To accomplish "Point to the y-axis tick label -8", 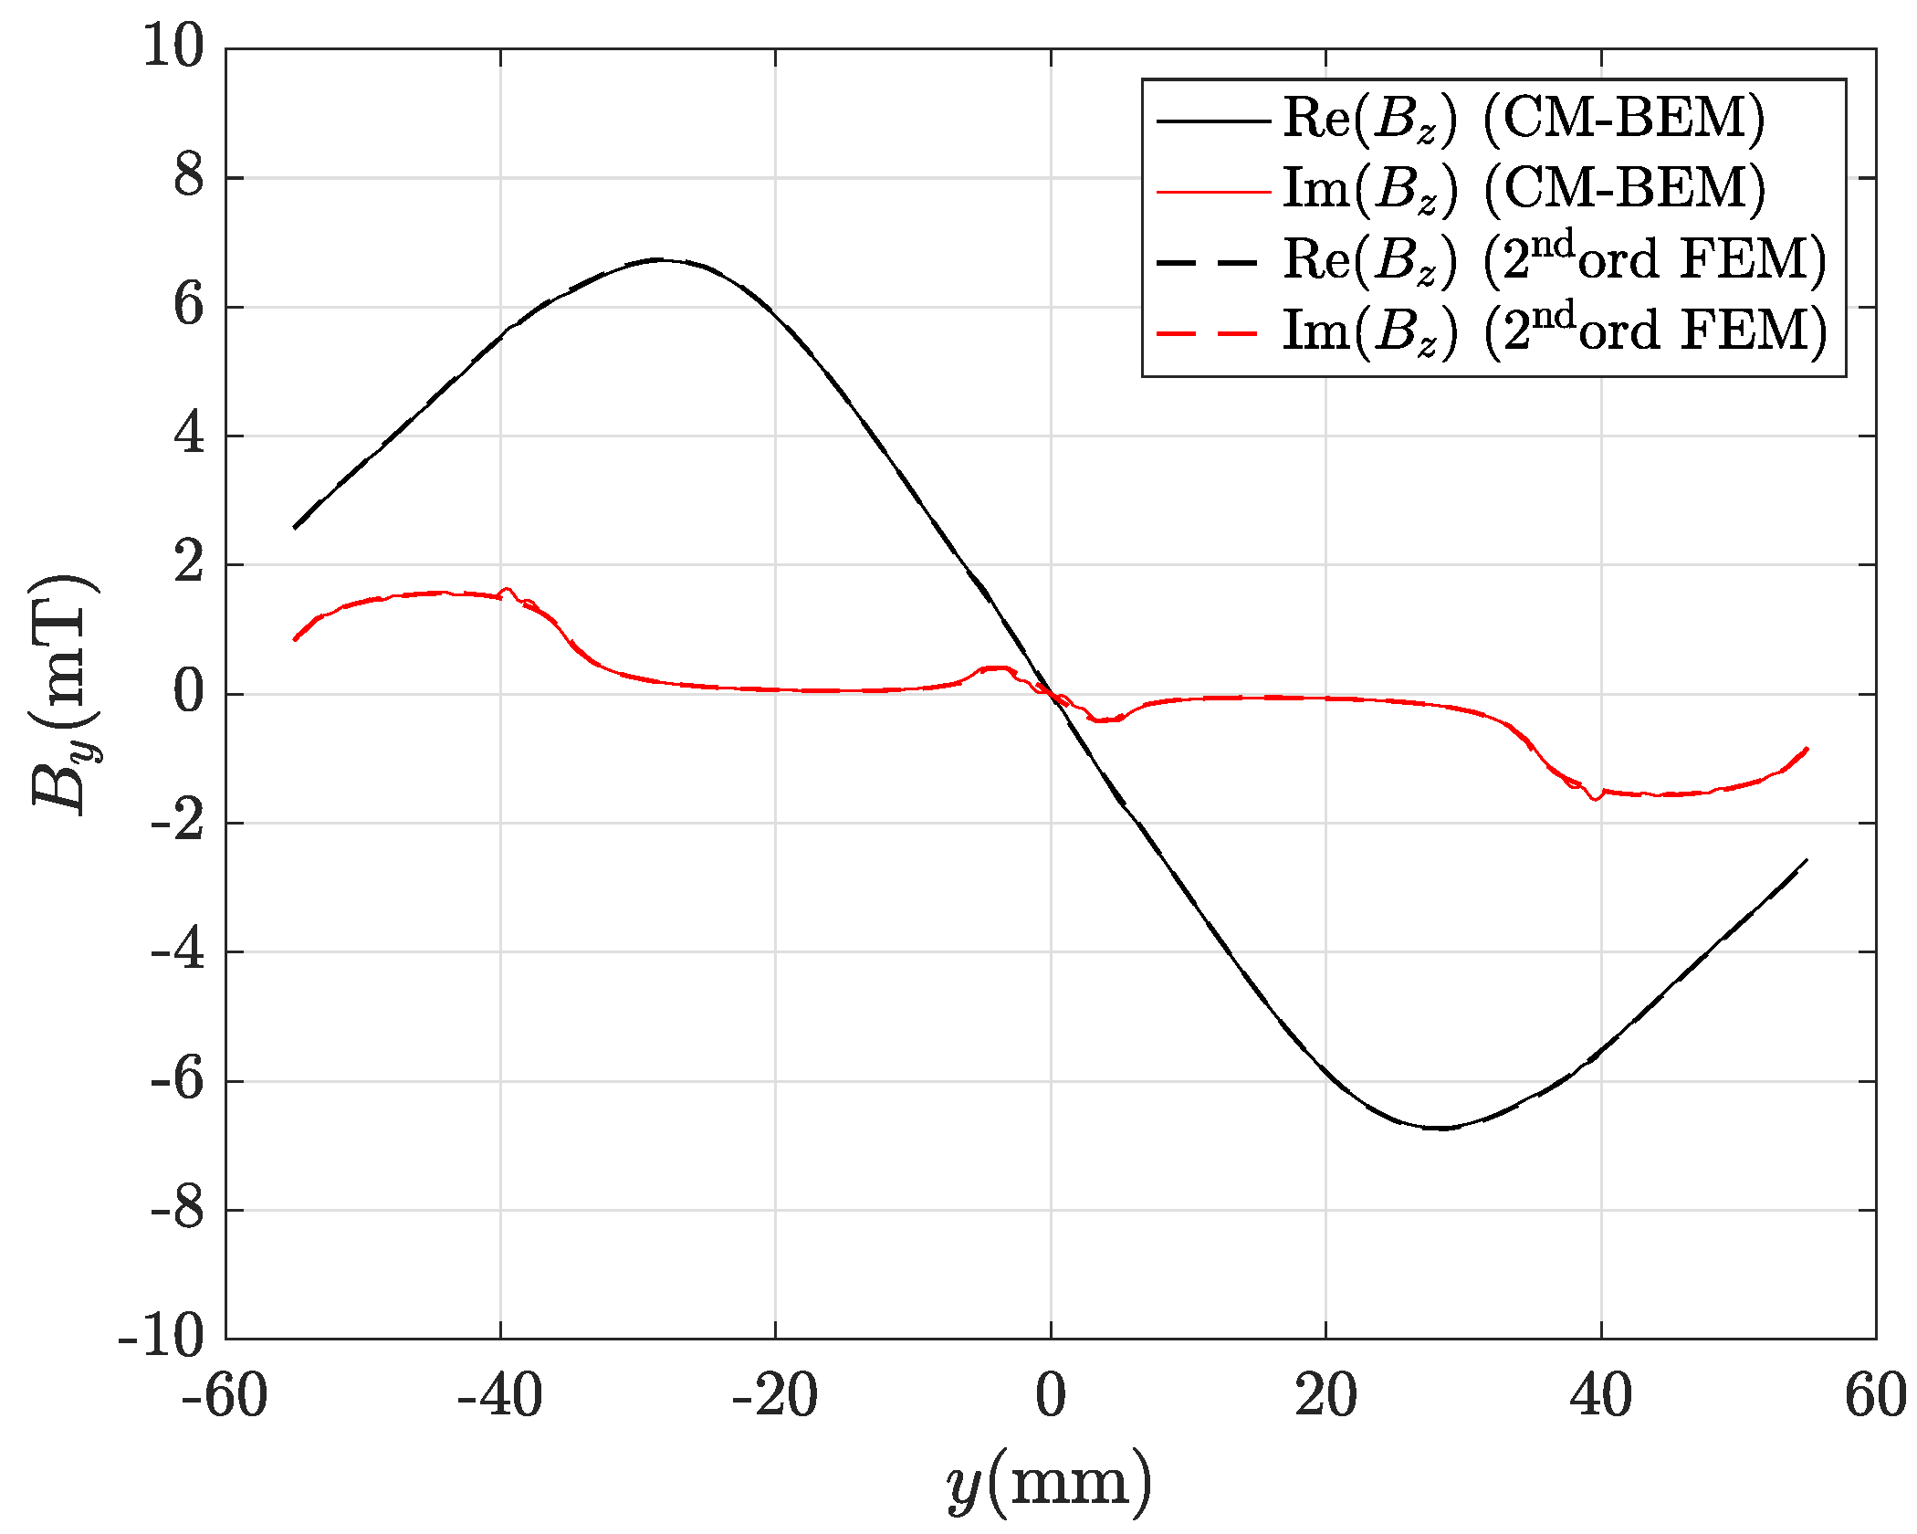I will [x=177, y=1212].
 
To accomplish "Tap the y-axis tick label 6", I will [x=189, y=306].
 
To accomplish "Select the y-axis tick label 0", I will [x=189, y=694].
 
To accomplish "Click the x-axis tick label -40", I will [x=500, y=1397].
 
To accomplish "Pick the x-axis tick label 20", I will [x=1325, y=1397].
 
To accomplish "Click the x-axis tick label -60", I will [x=225, y=1397].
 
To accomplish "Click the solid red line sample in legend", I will [x=1213, y=191].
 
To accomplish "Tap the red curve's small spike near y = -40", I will [x=508, y=590].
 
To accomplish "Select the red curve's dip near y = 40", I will [x=1595, y=799].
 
